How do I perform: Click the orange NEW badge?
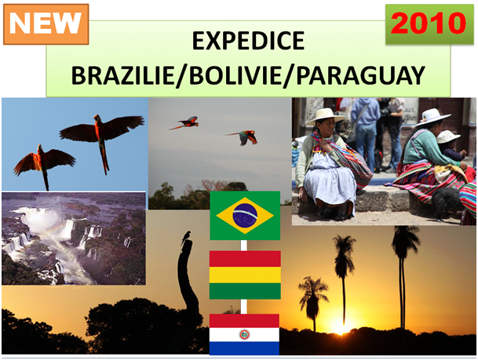coord(46,24)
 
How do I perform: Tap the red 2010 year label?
coord(429,24)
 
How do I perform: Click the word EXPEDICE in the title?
coord(248,41)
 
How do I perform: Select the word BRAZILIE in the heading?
coord(123,75)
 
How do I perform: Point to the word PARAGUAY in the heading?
coord(360,75)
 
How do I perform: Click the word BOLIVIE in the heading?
coord(235,75)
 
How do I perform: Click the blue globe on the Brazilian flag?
coord(245,216)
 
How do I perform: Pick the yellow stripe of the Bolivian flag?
coord(245,275)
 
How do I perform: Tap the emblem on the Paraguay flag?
coord(244,334)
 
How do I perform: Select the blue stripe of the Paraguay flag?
coord(244,348)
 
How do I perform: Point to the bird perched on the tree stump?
coord(186,238)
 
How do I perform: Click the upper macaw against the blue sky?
coord(102,136)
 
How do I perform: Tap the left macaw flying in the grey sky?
coord(184,122)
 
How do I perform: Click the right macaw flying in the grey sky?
coord(243,136)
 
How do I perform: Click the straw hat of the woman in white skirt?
coord(324,116)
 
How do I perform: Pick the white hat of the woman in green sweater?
coord(432,117)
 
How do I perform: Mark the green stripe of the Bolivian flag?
coord(245,291)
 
